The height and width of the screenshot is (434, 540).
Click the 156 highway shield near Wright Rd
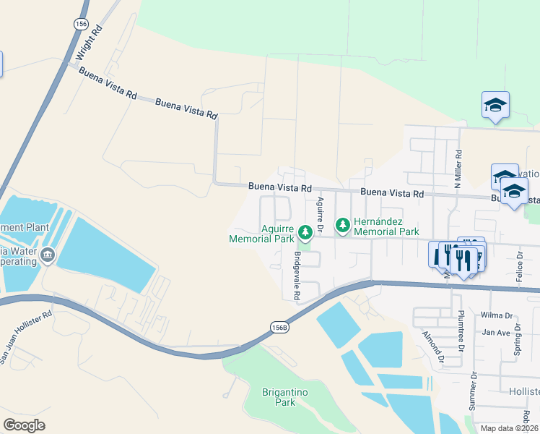click(x=80, y=24)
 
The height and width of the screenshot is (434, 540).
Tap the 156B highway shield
click(x=280, y=327)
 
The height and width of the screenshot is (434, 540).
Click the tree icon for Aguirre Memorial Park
click(x=305, y=231)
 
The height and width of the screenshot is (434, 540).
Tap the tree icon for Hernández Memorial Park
click(x=342, y=226)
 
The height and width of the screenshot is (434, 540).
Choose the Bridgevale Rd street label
click(x=296, y=276)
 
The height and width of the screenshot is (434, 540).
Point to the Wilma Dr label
click(x=496, y=315)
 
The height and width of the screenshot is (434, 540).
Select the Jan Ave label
click(x=496, y=333)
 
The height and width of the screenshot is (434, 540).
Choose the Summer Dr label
click(x=474, y=391)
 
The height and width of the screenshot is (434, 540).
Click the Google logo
click(x=24, y=425)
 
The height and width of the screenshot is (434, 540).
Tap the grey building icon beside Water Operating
click(x=48, y=255)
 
